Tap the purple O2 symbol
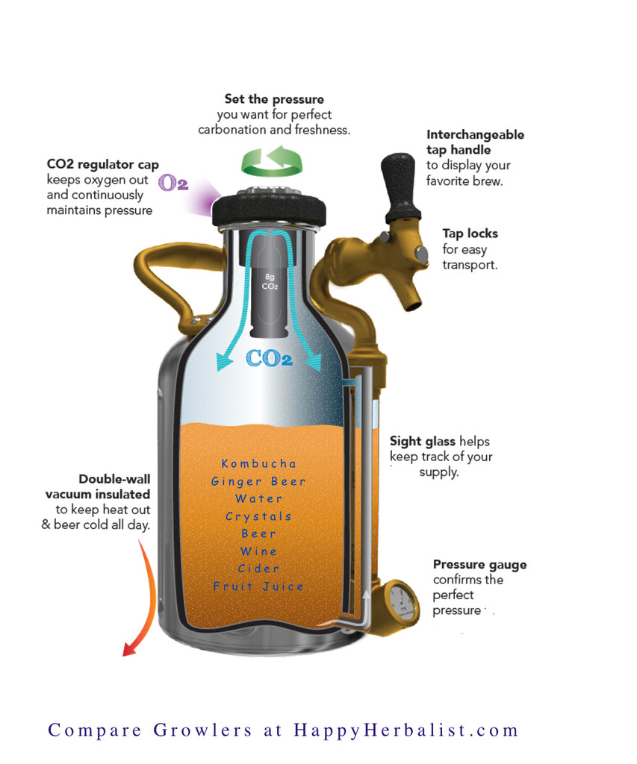[x=173, y=183]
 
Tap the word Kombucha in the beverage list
[x=259, y=464]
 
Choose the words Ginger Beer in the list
[x=259, y=482]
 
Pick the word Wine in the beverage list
[x=259, y=551]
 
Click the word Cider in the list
[x=259, y=569]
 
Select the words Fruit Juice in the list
[x=259, y=587]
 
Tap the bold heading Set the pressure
[x=274, y=99]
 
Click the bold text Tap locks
[x=469, y=234]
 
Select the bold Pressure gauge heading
[x=479, y=565]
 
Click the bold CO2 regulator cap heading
[x=102, y=164]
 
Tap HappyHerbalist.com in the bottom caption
[x=405, y=730]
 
